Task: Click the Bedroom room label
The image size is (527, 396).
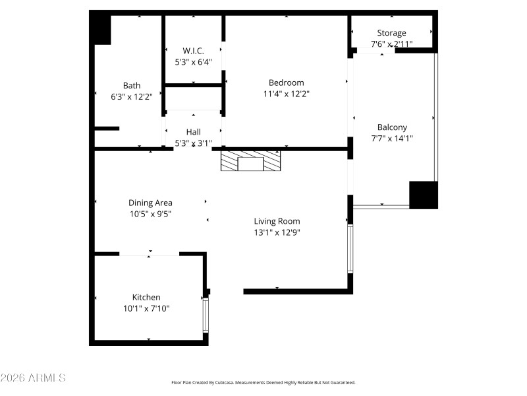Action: [287, 82]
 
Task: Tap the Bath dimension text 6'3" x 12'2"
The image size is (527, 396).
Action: [132, 96]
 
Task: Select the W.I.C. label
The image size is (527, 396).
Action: [193, 51]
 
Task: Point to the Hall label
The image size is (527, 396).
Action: [193, 132]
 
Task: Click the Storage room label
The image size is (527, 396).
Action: [391, 33]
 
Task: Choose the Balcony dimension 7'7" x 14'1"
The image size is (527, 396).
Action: [392, 139]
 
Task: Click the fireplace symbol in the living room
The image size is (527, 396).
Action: [250, 162]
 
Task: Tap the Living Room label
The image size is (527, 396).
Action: [277, 221]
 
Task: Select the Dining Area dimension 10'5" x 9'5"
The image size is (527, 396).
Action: [150, 214]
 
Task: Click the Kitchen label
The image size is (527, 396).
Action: [146, 298]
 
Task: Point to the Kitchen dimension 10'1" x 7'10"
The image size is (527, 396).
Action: [146, 308]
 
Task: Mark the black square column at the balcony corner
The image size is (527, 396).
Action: [423, 195]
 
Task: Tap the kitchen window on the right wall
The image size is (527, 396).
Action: [206, 315]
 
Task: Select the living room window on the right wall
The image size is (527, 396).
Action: [350, 249]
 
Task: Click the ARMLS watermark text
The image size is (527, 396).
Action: [33, 378]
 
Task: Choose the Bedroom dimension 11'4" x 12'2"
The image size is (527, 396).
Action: [287, 94]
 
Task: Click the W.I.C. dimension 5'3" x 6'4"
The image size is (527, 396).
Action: [193, 62]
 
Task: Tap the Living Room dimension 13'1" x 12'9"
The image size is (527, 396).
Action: [277, 232]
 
